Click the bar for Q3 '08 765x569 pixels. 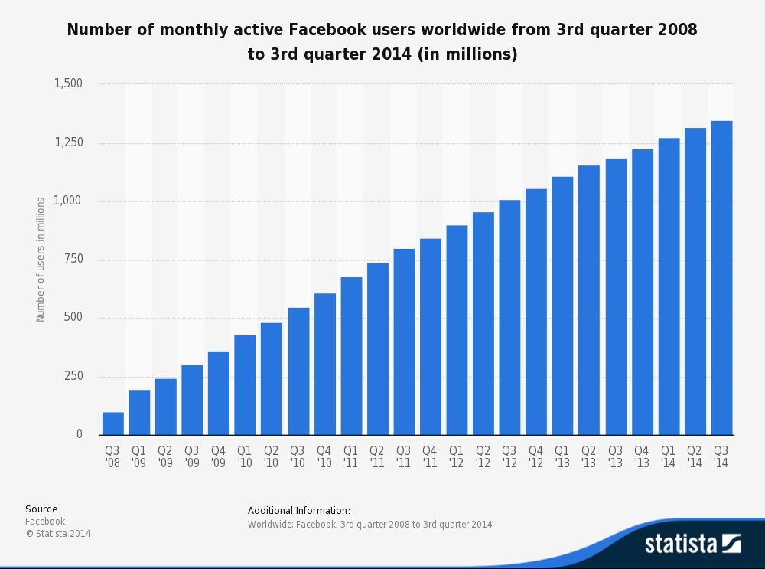point(113,423)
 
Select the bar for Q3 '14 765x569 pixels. point(721,278)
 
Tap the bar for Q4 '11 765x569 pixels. point(431,337)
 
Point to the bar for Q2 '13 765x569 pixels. point(589,300)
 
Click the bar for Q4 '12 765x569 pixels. point(536,312)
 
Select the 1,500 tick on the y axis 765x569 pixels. point(68,83)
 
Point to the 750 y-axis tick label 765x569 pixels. point(73,260)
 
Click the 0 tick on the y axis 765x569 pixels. point(80,434)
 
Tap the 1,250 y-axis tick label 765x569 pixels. point(68,142)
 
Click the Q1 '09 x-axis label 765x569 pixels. point(139,456)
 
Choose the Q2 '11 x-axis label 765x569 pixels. point(377,456)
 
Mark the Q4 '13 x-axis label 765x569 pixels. point(642,456)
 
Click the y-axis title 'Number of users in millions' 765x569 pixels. point(41,260)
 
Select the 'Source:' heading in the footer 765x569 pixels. point(43,509)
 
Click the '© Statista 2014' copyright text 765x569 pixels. point(57,534)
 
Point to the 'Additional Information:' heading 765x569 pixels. point(299,511)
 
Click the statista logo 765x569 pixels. point(692,544)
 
